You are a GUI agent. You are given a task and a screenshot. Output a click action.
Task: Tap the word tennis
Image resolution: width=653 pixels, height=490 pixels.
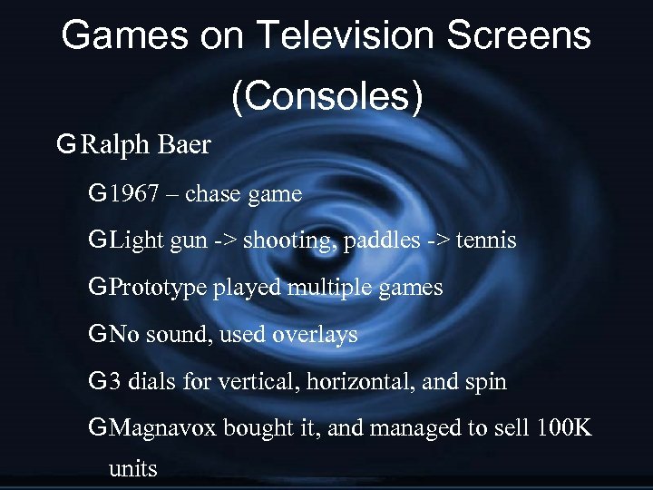pyautogui.click(x=487, y=240)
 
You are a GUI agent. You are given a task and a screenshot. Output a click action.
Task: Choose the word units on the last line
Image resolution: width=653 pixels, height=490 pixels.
pyautogui.click(x=132, y=469)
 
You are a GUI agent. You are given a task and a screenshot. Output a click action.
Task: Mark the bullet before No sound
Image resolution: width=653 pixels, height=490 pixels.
pyautogui.click(x=97, y=335)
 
